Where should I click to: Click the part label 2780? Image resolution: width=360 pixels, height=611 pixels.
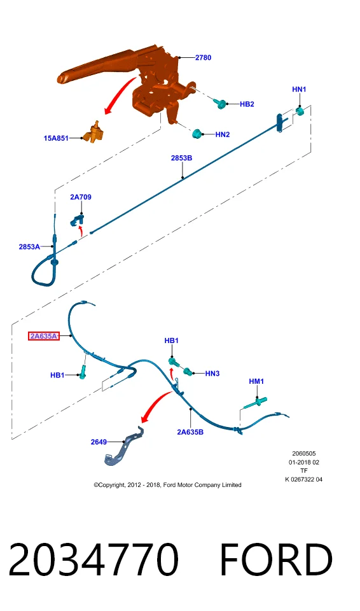click(203, 58)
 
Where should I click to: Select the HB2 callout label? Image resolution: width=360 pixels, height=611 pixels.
click(247, 104)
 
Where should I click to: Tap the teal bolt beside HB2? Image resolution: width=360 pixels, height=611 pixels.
click(220, 103)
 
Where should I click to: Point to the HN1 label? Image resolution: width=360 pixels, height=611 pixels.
click(299, 89)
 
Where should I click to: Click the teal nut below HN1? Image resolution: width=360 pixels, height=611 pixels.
click(300, 111)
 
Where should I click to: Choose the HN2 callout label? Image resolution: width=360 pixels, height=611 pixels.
click(223, 134)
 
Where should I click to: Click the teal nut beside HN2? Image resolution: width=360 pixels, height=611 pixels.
click(198, 134)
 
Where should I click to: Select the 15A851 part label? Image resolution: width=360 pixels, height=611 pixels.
click(56, 138)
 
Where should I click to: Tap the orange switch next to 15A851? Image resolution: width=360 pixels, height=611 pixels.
click(95, 132)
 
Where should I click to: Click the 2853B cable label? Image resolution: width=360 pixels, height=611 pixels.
click(181, 158)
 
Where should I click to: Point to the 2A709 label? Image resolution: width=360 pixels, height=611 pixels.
click(81, 197)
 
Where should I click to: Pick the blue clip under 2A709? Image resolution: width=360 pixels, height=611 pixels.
click(77, 220)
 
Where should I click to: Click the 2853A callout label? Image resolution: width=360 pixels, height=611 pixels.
click(29, 247)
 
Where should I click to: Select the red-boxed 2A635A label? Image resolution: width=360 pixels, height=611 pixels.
click(44, 336)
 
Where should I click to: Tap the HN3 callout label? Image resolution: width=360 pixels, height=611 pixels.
click(212, 374)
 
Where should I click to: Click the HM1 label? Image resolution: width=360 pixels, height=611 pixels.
click(256, 381)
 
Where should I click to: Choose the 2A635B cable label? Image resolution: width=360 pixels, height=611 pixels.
click(190, 432)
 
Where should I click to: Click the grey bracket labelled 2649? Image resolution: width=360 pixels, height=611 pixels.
click(124, 448)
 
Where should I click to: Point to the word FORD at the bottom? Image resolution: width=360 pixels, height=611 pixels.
click(276, 559)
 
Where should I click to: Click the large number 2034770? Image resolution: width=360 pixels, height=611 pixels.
click(93, 559)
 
